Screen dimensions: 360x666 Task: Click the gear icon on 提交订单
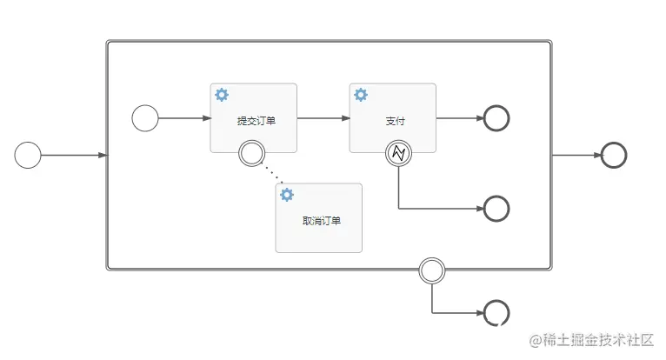point(222,94)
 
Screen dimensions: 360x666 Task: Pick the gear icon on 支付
point(361,94)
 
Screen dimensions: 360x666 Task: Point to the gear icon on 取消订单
point(287,195)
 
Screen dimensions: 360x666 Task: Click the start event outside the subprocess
point(28,156)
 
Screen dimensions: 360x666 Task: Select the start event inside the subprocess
point(145,118)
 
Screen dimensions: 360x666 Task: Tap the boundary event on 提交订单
point(251,154)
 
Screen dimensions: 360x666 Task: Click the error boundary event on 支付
point(398,154)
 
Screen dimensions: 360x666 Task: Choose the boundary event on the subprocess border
point(432,270)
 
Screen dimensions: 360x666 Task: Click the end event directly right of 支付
point(496,118)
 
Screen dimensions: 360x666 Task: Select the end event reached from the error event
point(496,209)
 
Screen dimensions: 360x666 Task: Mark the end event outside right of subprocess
point(614,156)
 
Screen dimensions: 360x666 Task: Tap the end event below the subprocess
point(496,312)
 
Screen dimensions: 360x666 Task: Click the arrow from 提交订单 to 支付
point(323,118)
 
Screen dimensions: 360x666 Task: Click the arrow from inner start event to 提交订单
point(184,118)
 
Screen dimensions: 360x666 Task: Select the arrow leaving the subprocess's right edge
point(576,156)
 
